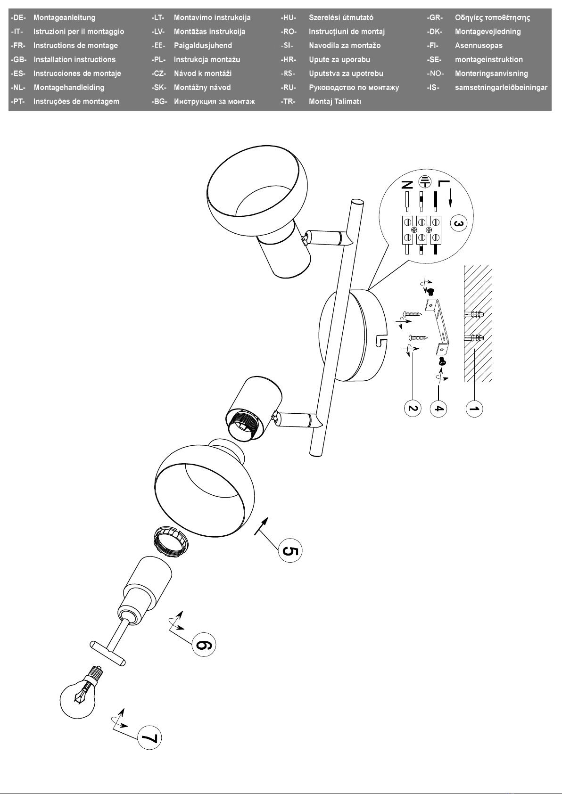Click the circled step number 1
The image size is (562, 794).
coord(474,409)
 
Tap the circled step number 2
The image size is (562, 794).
coord(413,408)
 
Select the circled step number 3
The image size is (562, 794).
coord(458,223)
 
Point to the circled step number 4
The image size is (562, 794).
coord(438,409)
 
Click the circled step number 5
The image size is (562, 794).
coord(290,550)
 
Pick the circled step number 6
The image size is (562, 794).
coord(204,645)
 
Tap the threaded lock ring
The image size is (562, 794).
coord(171,543)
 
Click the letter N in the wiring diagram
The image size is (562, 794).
coord(407,185)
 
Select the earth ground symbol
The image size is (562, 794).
coord(424,182)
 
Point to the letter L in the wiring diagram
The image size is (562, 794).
coord(444,183)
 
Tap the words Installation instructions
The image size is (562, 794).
coord(74,59)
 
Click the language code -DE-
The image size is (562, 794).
coord(18,18)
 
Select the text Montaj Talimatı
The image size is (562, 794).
coord(335,101)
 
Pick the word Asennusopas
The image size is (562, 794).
coord(479,46)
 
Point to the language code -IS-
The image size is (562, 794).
coord(433,88)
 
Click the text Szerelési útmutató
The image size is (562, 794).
coord(341,18)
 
